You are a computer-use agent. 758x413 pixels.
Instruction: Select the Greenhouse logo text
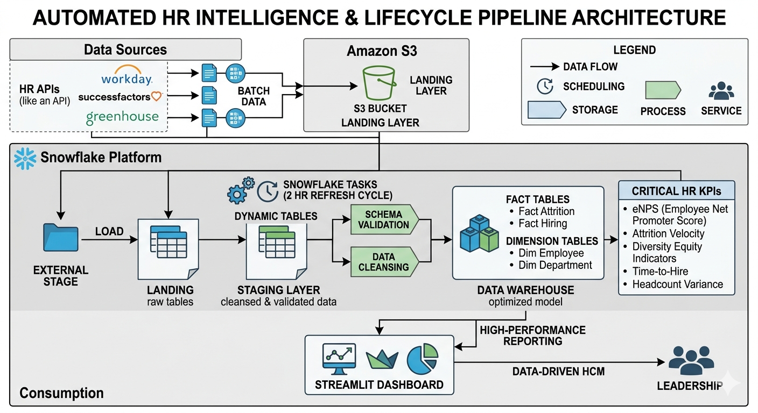pos(122,117)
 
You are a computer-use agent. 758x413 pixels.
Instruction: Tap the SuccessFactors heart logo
pos(156,97)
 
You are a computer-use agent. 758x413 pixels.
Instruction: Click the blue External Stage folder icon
pos(60,241)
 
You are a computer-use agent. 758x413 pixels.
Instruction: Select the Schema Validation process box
pos(384,219)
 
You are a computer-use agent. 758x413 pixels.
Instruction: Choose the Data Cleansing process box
pos(384,262)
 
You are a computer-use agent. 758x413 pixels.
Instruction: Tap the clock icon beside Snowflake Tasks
pos(268,190)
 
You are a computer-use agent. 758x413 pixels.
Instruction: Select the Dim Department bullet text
pos(555,265)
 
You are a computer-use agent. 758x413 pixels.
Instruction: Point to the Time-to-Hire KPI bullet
pos(659,272)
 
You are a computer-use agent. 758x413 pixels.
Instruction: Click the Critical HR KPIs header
pos(676,191)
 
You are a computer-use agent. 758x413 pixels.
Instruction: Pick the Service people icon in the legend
pos(721,90)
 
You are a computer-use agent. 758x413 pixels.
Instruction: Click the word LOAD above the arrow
pos(109,231)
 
